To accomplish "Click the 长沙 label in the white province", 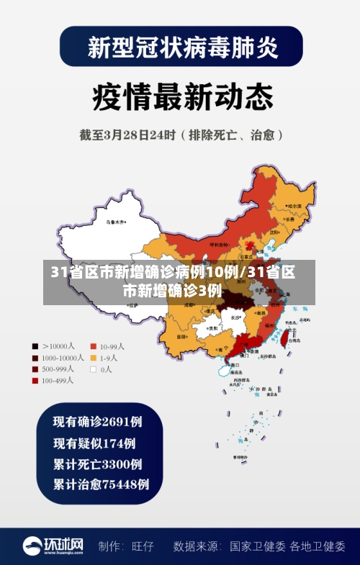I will click(235, 317).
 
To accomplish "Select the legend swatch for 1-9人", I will click(94, 358).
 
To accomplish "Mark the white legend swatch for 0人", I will click(94, 369).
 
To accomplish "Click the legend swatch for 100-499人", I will click(35, 381).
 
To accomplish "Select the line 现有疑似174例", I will click(94, 443).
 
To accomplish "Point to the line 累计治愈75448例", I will click(102, 484).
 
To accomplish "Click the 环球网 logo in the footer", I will click(53, 546).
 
